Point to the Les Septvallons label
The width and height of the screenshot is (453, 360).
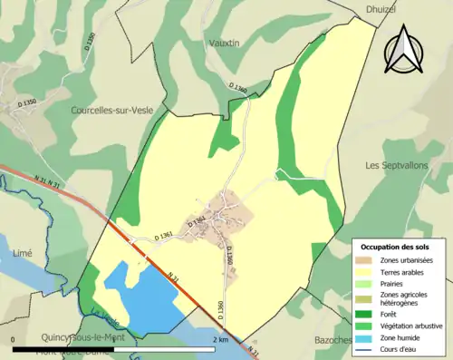tap(398, 166)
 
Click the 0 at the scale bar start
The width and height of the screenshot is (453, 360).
tap(14, 339)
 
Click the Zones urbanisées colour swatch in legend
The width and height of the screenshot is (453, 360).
tap(364, 260)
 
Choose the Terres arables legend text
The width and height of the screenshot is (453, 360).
tap(405, 271)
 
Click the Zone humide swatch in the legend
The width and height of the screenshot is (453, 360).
tap(364, 335)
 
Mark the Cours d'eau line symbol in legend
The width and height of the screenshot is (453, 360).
tap(364, 346)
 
